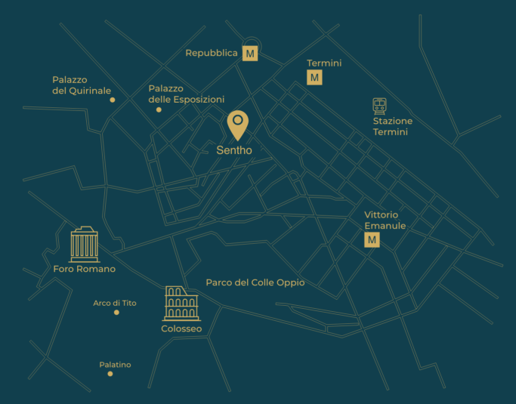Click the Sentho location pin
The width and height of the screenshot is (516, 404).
click(237, 124)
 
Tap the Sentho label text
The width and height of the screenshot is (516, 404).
click(234, 150)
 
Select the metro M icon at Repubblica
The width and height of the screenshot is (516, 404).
click(250, 54)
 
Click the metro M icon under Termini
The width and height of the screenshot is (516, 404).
click(315, 77)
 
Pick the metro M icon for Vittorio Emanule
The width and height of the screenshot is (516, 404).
click(372, 240)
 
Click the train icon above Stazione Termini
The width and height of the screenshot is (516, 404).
click(380, 106)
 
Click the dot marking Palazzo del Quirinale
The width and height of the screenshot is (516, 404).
click(113, 100)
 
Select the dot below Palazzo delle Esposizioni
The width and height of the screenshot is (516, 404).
click(159, 110)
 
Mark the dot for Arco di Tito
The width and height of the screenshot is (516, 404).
click(116, 313)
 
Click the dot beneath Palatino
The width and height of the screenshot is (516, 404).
click(110, 374)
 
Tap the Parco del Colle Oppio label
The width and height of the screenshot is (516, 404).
click(255, 282)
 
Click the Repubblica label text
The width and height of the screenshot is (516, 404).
click(212, 54)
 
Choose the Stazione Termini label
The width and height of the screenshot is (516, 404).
click(392, 127)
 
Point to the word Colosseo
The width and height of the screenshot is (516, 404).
click(181, 329)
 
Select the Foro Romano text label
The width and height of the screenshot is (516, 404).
click(85, 269)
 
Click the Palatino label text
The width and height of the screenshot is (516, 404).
click(115, 365)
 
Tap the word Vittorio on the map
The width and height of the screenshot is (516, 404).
click(381, 215)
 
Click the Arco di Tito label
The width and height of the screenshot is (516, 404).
click(115, 303)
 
